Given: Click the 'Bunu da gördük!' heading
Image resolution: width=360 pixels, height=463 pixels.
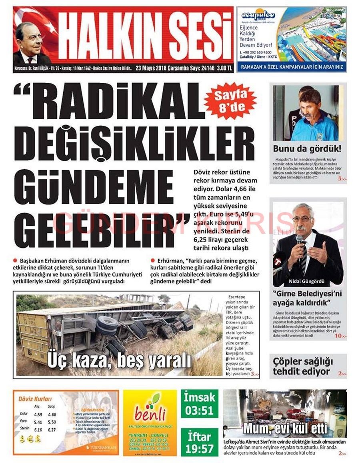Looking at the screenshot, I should click(307, 148).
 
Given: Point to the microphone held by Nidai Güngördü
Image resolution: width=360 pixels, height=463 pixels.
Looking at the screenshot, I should click(299, 240).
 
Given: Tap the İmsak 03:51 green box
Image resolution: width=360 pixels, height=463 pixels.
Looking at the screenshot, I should click(200, 404).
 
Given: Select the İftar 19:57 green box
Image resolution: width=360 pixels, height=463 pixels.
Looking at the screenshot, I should click(200, 442).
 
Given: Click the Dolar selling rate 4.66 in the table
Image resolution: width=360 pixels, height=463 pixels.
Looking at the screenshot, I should click(52, 415).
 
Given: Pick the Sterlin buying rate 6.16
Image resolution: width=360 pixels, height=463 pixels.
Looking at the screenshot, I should click(38, 430).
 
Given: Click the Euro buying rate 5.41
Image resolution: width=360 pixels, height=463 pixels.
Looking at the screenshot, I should click(38, 422).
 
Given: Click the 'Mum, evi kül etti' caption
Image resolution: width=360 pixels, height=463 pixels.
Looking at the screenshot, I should click(285, 428).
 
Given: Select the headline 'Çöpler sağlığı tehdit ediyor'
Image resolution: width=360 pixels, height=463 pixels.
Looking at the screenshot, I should click(303, 367).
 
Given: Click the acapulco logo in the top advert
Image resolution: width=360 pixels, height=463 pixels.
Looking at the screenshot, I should click(258, 15).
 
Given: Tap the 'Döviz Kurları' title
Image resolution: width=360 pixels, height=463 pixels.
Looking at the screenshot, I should click(35, 399).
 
